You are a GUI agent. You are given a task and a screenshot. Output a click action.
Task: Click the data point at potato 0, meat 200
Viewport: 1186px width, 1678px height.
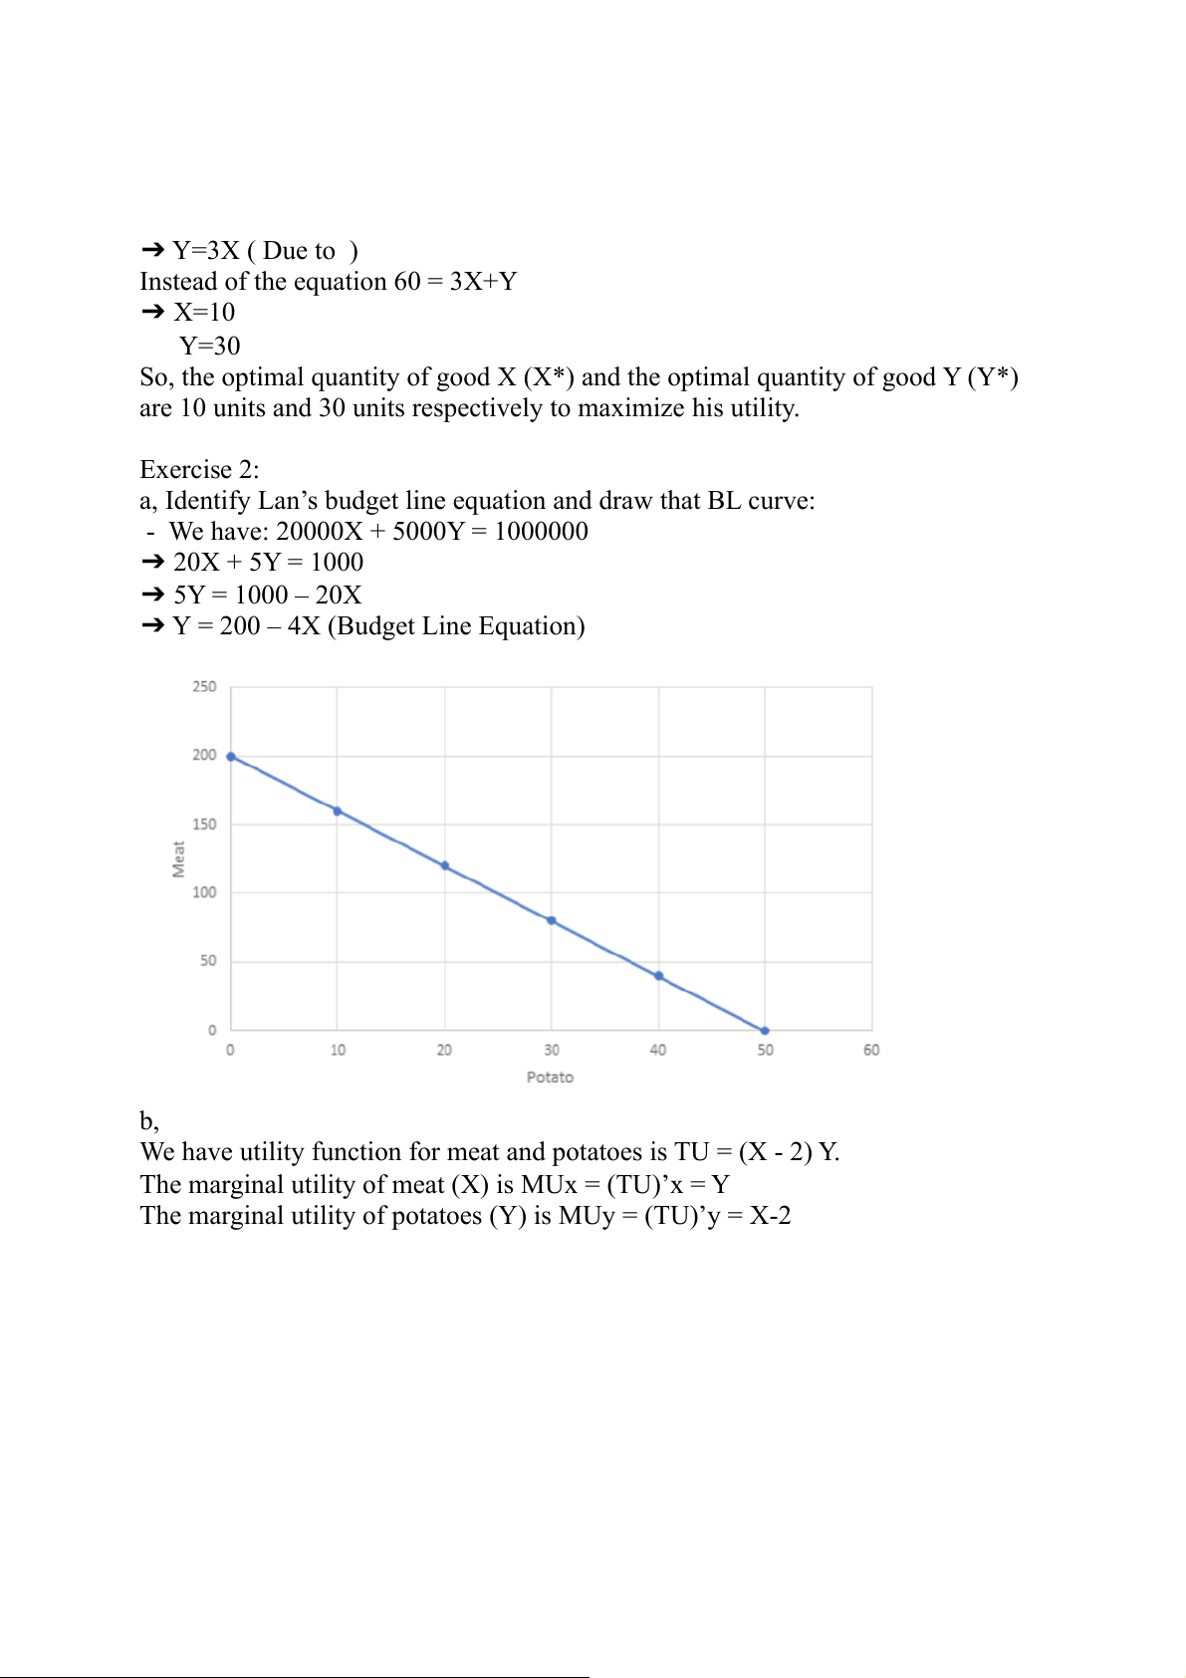[231, 757]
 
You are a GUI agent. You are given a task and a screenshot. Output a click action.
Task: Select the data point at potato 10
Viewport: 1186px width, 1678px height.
[338, 812]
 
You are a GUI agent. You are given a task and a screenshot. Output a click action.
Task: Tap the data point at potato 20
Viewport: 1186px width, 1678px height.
[445, 866]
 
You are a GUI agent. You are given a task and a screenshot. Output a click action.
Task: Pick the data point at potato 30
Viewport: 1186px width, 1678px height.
[552, 921]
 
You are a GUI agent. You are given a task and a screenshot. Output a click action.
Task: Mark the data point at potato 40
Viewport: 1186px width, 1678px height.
[658, 976]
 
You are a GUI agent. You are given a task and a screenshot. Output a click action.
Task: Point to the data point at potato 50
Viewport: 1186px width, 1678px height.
[765, 1031]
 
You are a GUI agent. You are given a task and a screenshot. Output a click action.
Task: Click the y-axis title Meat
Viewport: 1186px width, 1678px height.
[179, 859]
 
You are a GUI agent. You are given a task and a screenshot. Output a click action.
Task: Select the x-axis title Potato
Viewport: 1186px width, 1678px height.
[550, 1078]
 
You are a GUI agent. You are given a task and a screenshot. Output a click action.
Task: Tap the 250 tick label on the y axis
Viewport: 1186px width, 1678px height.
[204, 687]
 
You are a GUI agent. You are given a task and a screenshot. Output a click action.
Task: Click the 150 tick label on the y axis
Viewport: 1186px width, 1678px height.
[204, 825]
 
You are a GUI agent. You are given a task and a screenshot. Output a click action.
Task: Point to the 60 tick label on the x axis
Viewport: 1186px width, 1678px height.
[871, 1051]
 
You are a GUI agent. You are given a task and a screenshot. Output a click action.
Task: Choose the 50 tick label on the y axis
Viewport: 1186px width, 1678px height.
[208, 961]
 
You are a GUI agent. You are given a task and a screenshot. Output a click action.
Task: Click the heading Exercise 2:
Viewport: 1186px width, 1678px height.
[199, 469]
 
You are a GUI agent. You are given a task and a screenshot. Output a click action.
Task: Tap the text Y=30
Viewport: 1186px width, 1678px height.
[210, 346]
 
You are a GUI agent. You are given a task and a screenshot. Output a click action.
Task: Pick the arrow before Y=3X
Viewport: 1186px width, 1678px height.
[152, 250]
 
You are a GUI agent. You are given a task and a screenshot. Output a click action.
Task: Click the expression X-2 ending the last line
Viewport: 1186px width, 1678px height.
[770, 1216]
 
